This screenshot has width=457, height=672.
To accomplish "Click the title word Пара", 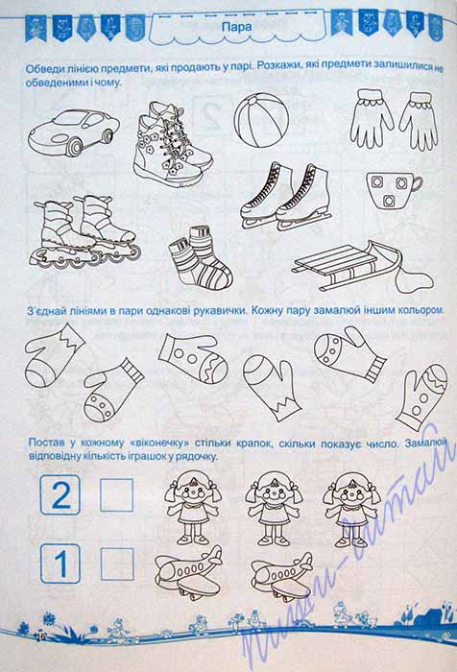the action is pyautogui.click(x=236, y=27).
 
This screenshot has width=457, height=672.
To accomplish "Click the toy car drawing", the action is pyautogui.click(x=74, y=132).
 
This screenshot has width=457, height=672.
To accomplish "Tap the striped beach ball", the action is pyautogui.click(x=261, y=120).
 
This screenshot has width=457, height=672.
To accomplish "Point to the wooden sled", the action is pyautogui.click(x=362, y=267).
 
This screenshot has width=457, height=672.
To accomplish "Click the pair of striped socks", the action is pyautogui.click(x=201, y=257).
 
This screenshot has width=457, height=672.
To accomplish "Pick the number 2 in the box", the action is pyautogui.click(x=60, y=495).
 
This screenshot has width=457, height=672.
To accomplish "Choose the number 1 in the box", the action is pyautogui.click(x=60, y=564).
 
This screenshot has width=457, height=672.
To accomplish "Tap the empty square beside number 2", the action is pyautogui.click(x=116, y=495).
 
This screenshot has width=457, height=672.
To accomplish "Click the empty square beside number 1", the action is pyautogui.click(x=117, y=564).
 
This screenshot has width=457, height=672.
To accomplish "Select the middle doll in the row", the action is pyautogui.click(x=274, y=508).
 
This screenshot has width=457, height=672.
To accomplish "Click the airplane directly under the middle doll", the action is pyautogui.click(x=281, y=577).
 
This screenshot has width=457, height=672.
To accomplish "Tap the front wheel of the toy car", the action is pyautogui.click(x=76, y=147).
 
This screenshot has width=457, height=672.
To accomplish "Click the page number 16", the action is pyautogui.click(x=41, y=636).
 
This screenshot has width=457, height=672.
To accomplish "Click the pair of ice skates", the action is pyautogui.click(x=285, y=197).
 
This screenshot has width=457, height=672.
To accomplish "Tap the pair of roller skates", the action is pyautogui.click(x=84, y=232).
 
